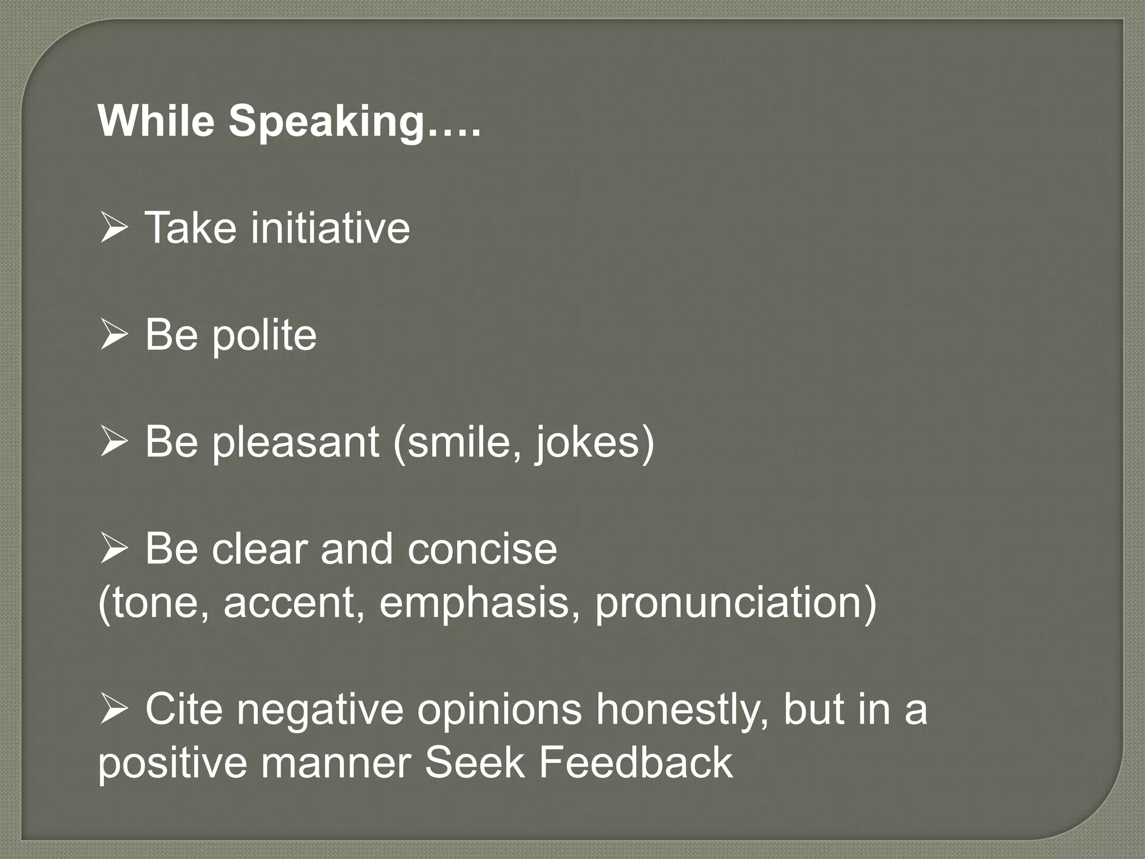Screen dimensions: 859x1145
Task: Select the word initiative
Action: (x=330, y=228)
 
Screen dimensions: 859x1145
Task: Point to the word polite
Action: (x=264, y=336)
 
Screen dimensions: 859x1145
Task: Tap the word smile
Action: (x=455, y=442)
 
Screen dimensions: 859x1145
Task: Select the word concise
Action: (x=482, y=549)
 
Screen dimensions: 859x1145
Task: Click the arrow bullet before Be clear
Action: (x=115, y=550)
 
